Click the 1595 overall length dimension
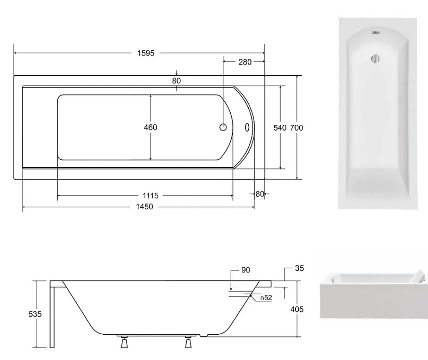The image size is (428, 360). click(146, 53)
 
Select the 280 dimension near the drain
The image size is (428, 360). click(245, 62)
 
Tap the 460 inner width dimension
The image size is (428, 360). click(150, 127)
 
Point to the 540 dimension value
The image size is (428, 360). click(280, 128)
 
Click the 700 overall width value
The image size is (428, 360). click(297, 128)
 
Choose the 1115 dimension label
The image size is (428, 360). click(150, 195)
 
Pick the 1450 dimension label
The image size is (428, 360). click(144, 207)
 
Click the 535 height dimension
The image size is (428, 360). click(35, 314)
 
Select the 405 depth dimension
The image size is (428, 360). click(297, 309)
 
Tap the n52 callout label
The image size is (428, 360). click(266, 298)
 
